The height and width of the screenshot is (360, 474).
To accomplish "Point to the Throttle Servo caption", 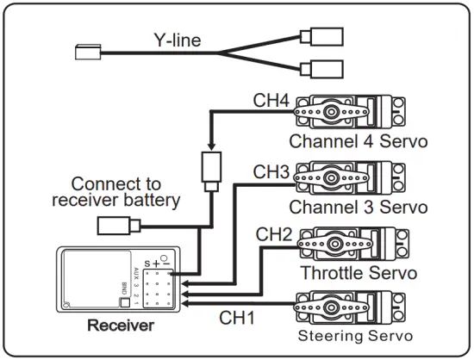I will coord(358,273).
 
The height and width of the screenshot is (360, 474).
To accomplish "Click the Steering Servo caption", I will coord(356,335).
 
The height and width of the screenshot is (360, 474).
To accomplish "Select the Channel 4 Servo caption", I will coord(358,140).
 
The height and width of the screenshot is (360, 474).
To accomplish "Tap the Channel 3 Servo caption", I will coord(358,208).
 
